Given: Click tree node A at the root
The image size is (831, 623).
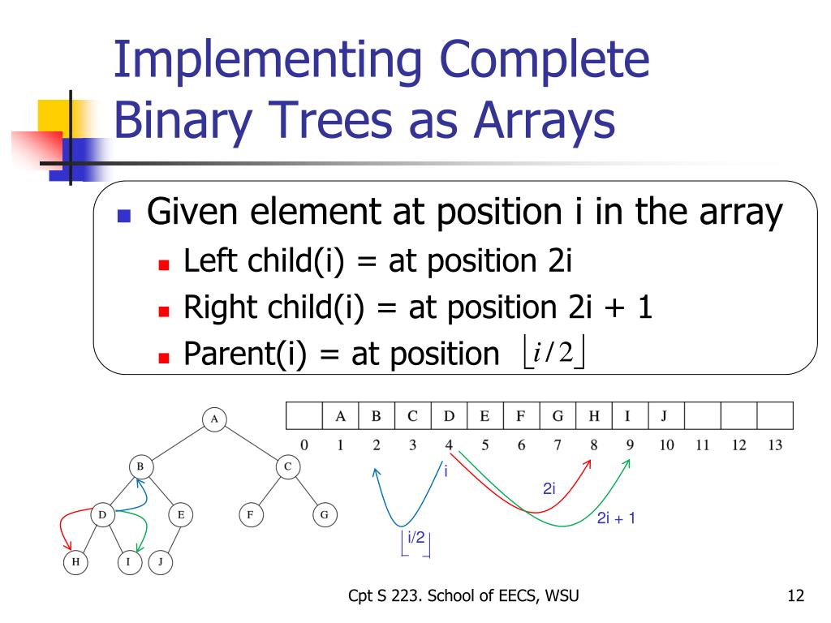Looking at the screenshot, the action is pyautogui.click(x=214, y=419).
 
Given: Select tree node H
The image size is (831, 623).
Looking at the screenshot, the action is pyautogui.click(x=75, y=562).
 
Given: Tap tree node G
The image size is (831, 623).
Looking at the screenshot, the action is pyautogui.click(x=325, y=514).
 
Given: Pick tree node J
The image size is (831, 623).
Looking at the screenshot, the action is pyautogui.click(x=160, y=562).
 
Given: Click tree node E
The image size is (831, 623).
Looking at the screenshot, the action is pyautogui.click(x=181, y=514).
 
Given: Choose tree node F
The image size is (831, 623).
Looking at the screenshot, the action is pyautogui.click(x=251, y=514).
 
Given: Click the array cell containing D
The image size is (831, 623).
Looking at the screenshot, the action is pyautogui.click(x=449, y=416).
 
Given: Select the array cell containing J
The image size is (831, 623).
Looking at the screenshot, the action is pyautogui.click(x=666, y=416).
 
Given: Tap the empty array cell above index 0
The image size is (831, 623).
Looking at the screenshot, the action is pyautogui.click(x=304, y=416).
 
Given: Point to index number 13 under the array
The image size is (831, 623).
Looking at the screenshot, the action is pyautogui.click(x=775, y=445).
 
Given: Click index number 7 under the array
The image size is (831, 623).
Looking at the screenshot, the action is pyautogui.click(x=557, y=445).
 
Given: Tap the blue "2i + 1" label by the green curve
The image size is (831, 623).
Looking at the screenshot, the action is pyautogui.click(x=616, y=518).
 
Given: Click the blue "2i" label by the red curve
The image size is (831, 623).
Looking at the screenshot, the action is pyautogui.click(x=549, y=488).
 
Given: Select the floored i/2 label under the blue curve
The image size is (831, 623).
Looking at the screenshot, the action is pyautogui.click(x=416, y=543).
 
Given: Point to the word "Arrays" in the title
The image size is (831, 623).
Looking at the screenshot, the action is pyautogui.click(x=545, y=120).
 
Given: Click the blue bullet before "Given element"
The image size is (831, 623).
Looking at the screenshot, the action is pyautogui.click(x=124, y=216).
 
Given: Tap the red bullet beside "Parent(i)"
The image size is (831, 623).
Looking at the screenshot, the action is pyautogui.click(x=164, y=359).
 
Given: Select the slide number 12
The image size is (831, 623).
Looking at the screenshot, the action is pyautogui.click(x=795, y=595).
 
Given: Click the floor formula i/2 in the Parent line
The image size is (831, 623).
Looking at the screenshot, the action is pyautogui.click(x=553, y=352).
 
